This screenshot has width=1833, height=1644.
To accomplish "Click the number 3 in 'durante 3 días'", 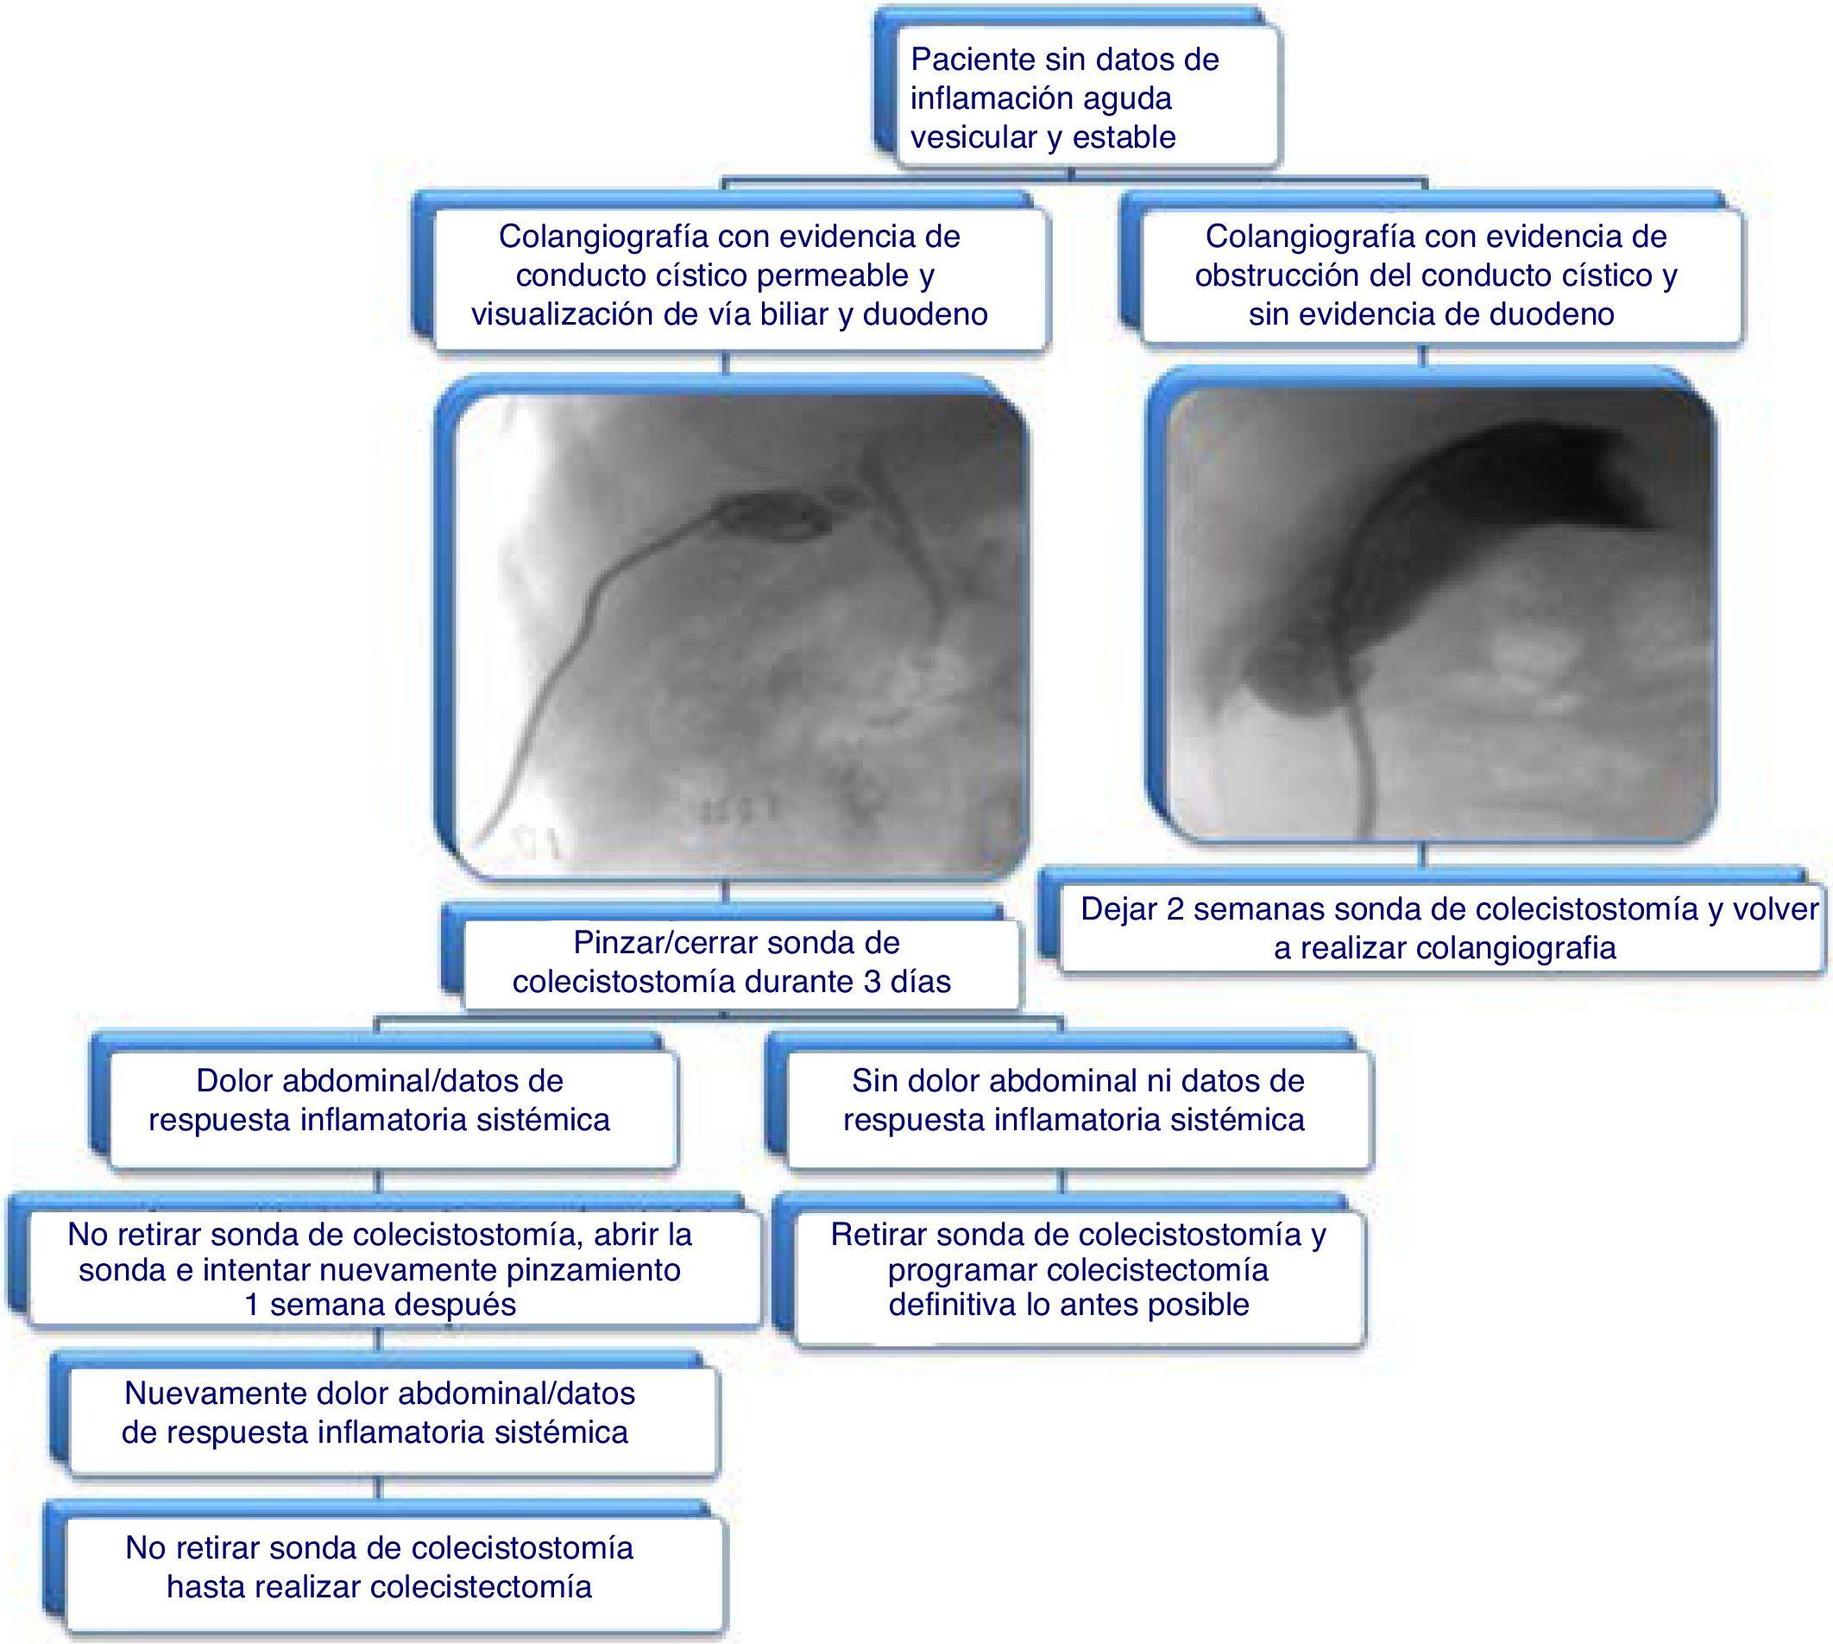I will coord(872,981).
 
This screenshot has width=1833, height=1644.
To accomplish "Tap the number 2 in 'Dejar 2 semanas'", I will coord(1175,908).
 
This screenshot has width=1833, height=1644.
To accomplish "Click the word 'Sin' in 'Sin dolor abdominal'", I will coord(873,1080).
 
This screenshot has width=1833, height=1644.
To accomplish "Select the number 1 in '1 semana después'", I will coord(253,1305).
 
